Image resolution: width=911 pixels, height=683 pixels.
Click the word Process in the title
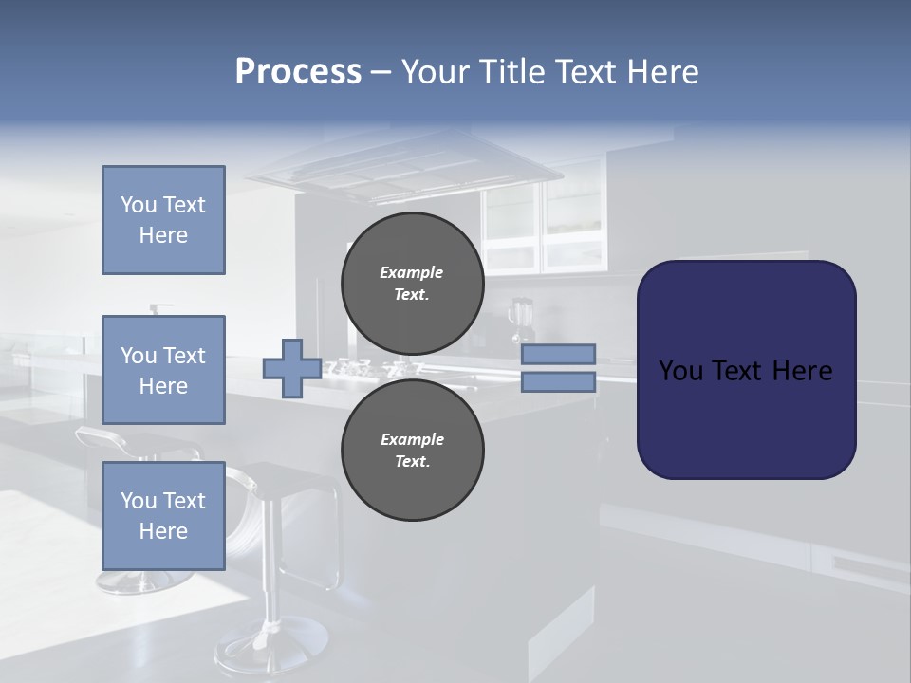pos(298,72)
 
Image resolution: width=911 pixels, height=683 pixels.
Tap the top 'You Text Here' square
pos(163,220)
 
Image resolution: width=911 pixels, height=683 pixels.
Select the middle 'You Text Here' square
pos(163,370)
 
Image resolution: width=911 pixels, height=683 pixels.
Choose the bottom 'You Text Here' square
pos(163,515)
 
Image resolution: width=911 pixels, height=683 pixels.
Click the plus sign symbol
pos(291,369)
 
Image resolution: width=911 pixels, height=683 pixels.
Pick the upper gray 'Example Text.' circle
pos(412,283)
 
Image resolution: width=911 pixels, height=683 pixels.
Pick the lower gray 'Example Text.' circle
pos(412,451)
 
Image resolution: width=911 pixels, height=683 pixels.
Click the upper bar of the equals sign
pos(559,354)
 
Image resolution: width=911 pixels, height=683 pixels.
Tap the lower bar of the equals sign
pos(559,382)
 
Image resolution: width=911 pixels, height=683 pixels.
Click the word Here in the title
pos(660,72)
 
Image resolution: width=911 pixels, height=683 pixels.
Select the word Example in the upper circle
pos(412,272)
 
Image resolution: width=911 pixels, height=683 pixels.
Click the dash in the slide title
pos(381,73)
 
